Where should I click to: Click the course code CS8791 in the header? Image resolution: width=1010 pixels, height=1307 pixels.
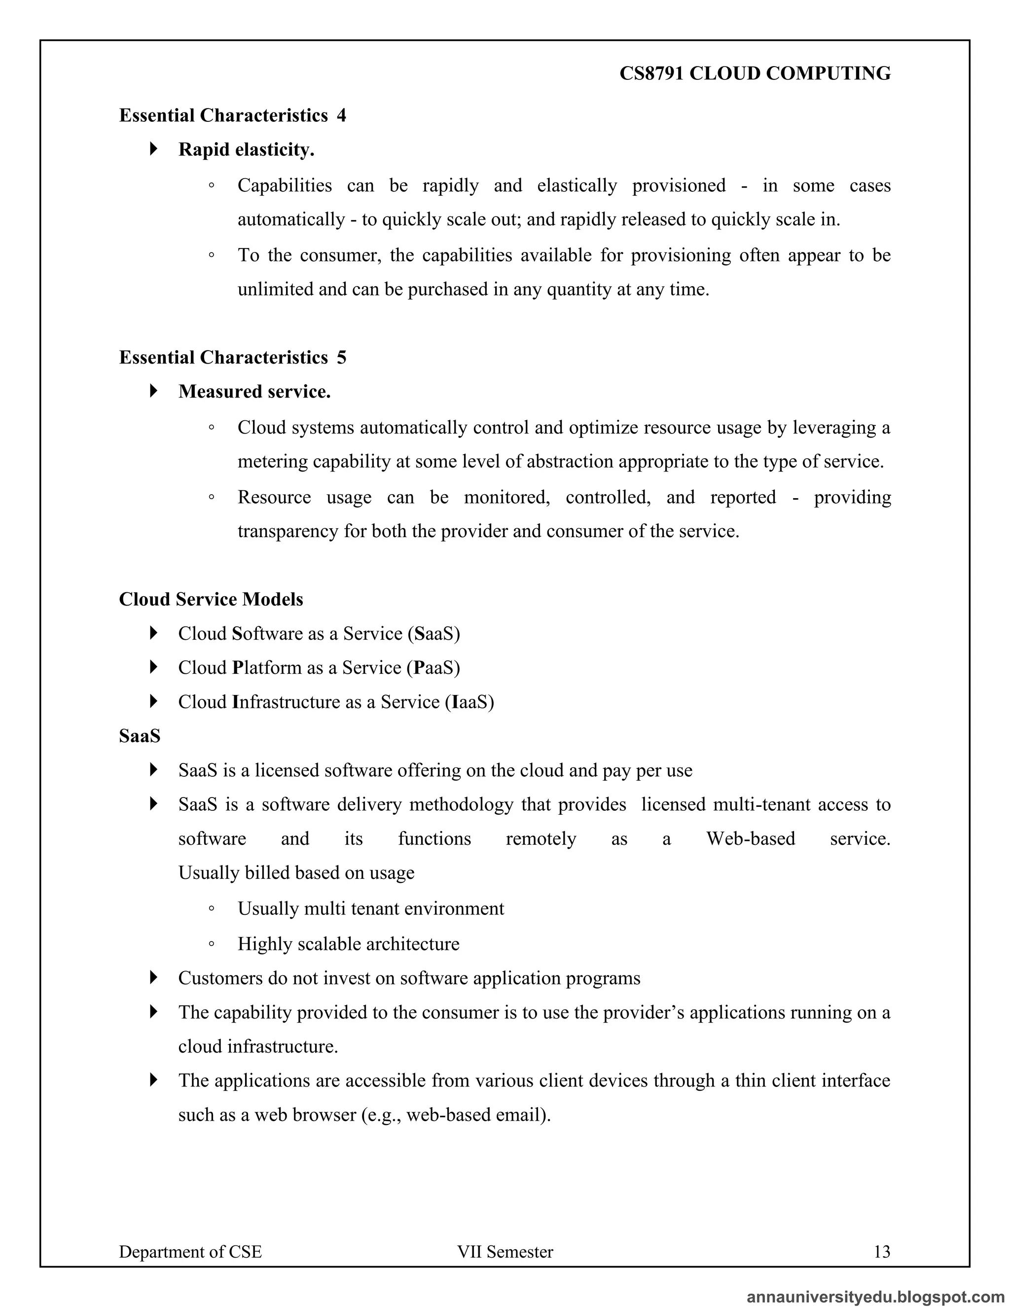tap(651, 73)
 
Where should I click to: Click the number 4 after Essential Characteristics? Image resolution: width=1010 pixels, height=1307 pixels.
tap(341, 115)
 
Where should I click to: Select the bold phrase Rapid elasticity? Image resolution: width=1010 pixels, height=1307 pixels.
tap(246, 149)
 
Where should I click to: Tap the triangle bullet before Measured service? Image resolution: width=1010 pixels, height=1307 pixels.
tap(154, 392)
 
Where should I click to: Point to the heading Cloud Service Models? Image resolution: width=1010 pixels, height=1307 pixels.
tap(211, 599)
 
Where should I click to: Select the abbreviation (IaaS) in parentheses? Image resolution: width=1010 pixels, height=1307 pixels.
tap(469, 701)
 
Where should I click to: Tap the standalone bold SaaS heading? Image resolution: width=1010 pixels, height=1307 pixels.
tap(140, 735)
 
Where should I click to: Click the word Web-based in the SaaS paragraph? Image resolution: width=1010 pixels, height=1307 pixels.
tap(750, 838)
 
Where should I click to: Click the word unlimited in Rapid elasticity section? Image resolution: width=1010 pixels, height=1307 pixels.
tap(275, 290)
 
